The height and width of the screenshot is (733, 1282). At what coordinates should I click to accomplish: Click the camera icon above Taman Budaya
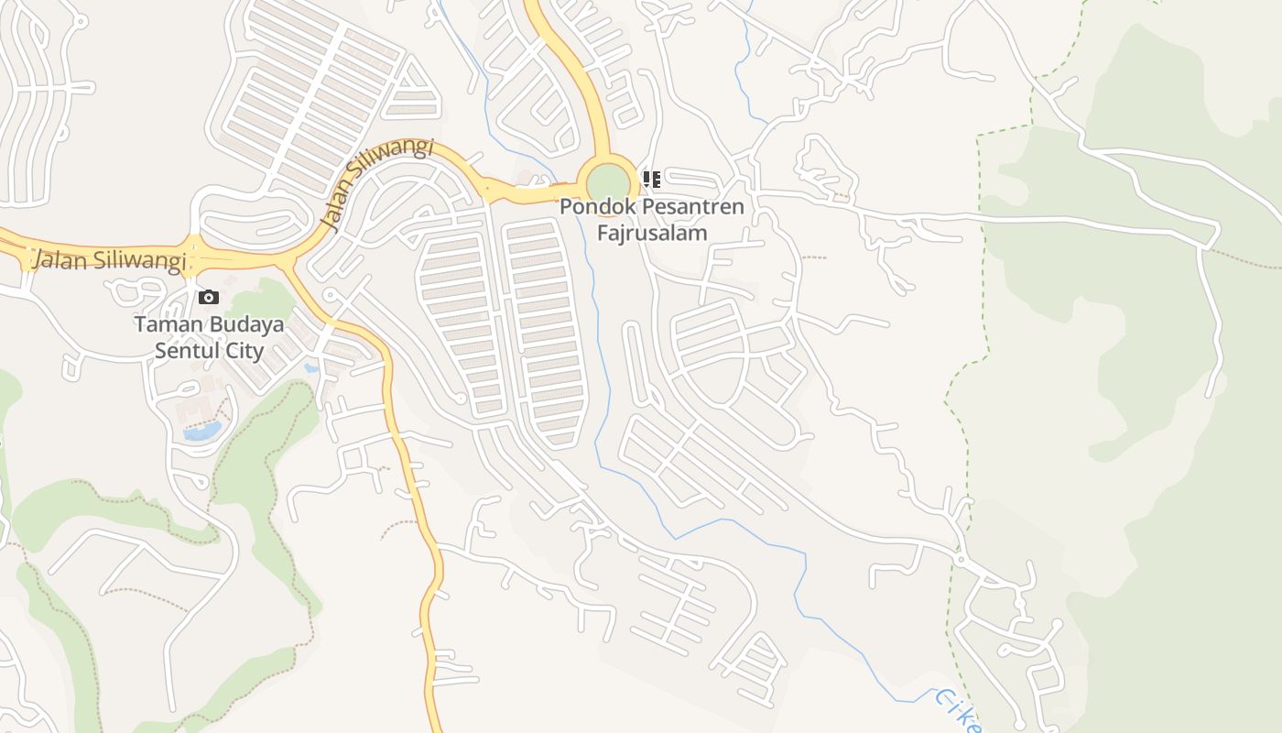click(x=209, y=297)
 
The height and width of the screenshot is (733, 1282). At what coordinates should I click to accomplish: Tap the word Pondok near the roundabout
click(x=597, y=207)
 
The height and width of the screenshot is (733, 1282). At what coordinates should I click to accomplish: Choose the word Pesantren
click(x=692, y=207)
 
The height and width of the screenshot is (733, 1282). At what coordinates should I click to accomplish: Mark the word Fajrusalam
click(x=652, y=233)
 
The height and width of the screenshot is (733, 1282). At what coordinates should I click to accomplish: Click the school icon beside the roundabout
click(x=651, y=179)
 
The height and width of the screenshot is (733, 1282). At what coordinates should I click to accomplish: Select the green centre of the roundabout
click(x=608, y=181)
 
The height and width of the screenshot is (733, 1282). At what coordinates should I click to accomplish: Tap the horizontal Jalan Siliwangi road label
click(x=109, y=260)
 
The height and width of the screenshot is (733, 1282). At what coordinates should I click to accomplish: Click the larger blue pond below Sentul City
click(x=202, y=431)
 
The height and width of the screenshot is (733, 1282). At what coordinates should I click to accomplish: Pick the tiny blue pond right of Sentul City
click(x=312, y=368)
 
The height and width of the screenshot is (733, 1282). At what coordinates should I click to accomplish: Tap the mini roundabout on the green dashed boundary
click(x=961, y=559)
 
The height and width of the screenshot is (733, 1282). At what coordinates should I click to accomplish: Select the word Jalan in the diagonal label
click(x=337, y=213)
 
